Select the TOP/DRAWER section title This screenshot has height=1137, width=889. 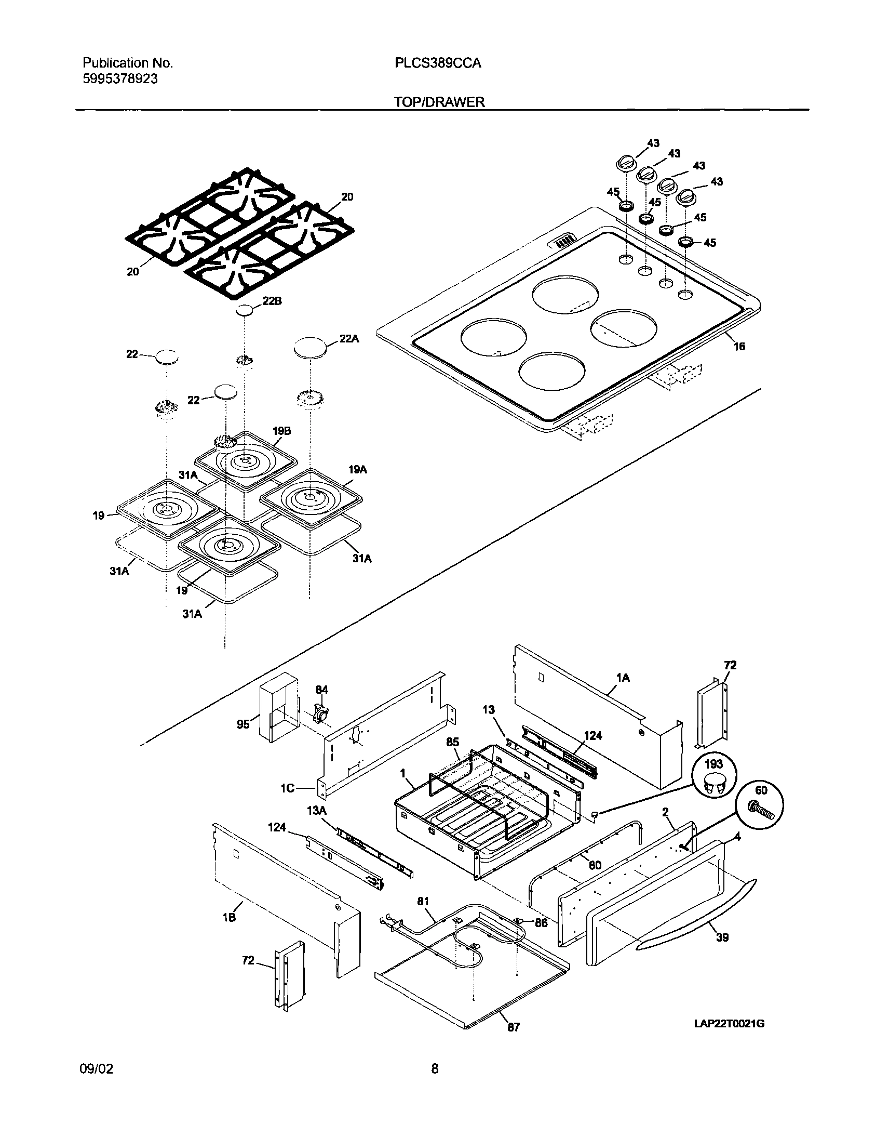(x=439, y=102)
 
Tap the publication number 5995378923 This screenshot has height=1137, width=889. (x=120, y=79)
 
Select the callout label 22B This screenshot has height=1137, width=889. (x=272, y=301)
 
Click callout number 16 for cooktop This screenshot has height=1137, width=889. (x=739, y=347)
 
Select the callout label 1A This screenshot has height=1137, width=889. (x=623, y=678)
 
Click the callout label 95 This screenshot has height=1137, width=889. (x=243, y=724)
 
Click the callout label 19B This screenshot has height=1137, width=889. (x=281, y=431)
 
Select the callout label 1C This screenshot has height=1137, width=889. (x=288, y=788)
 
